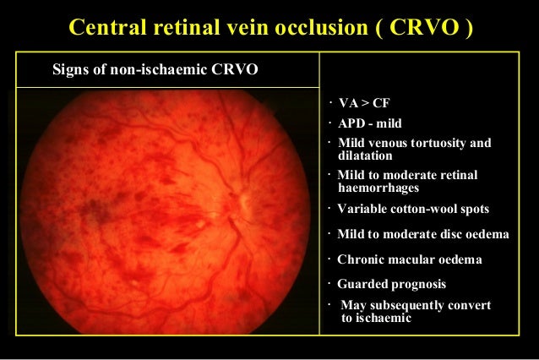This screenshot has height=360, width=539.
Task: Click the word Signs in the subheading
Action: pos(70,69)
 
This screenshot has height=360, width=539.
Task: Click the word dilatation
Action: pos(364,155)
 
